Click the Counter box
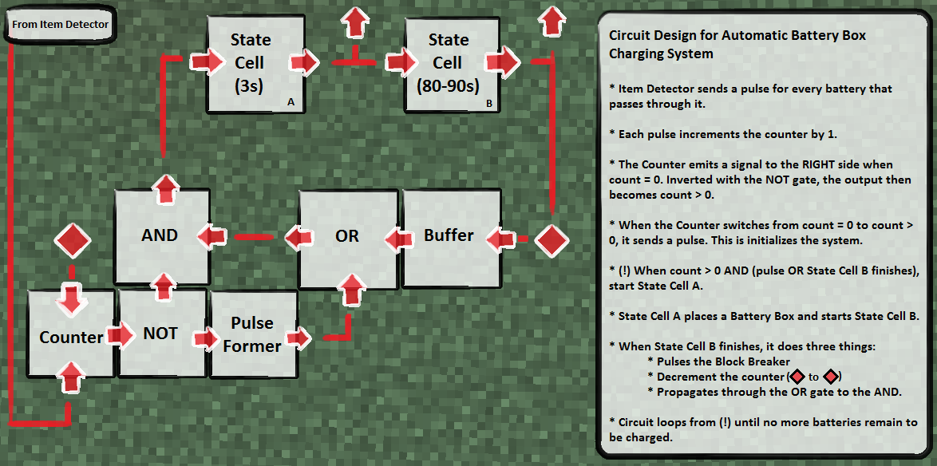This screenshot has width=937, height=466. (71, 337)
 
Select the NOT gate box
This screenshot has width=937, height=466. (160, 334)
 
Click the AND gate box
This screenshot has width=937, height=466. (159, 235)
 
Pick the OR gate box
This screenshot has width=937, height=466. (347, 236)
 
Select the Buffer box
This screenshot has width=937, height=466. (449, 236)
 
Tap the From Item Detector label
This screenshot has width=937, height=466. (61, 24)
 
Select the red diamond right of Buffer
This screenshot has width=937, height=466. (552, 239)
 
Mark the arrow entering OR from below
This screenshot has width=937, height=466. (350, 290)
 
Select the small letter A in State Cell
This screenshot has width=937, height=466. (291, 102)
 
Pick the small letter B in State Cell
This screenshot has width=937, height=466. (488, 103)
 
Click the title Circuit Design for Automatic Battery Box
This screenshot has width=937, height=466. (737, 36)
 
